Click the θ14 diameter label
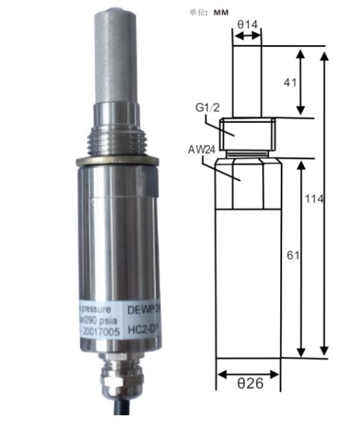pos(246,24)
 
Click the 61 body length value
pos(291,255)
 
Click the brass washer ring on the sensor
pos(116,161)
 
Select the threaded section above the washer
pos(116,138)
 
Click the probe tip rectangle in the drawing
pos(246,81)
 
